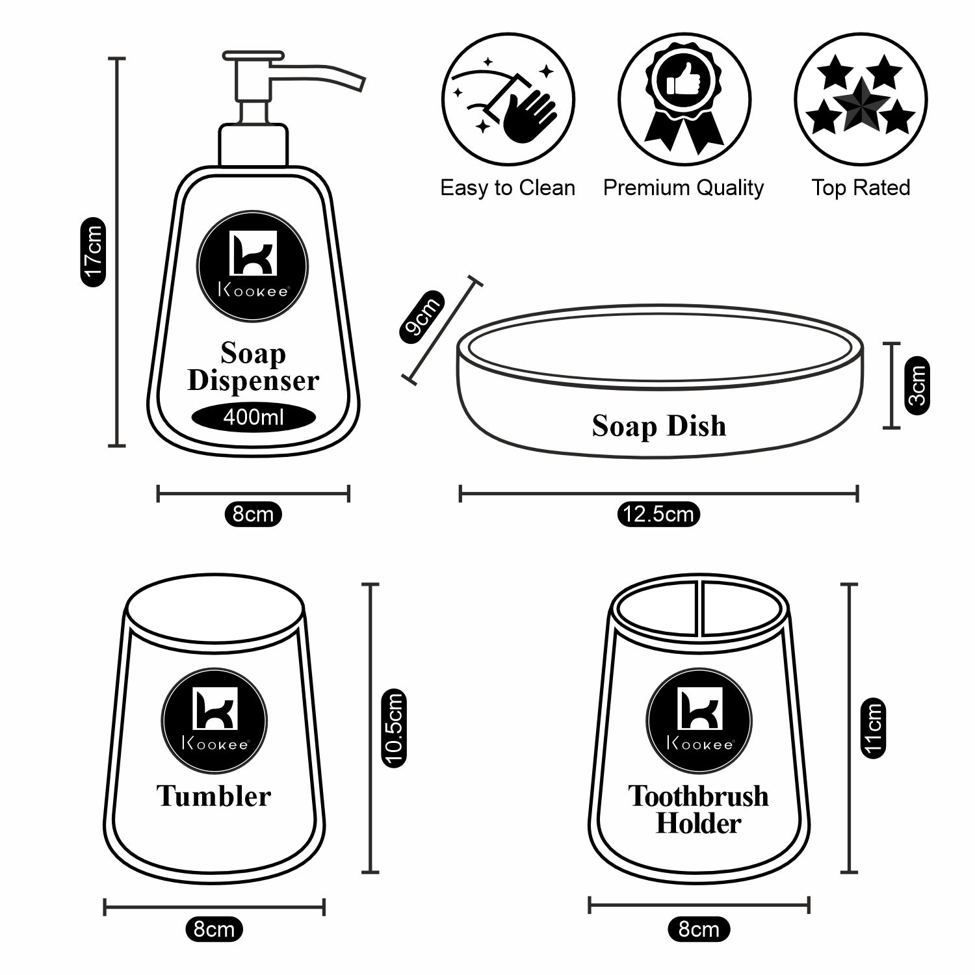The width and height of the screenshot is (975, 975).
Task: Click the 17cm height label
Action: coord(93,252)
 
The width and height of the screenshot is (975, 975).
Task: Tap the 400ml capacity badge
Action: coord(253,417)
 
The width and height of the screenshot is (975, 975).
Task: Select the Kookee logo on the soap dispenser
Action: coord(253,266)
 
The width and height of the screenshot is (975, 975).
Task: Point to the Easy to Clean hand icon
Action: coord(508,99)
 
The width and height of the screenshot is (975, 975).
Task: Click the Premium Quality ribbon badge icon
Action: coord(684,99)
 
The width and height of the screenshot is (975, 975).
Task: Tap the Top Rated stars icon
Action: coord(860,99)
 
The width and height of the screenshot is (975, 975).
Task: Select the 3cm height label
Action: coord(917,385)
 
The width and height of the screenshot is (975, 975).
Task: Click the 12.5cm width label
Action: coord(658,514)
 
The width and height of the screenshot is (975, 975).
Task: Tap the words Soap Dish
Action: coord(658,426)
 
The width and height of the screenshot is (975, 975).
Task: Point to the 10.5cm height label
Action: coord(394,728)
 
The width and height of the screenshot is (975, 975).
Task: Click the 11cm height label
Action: coord(874,727)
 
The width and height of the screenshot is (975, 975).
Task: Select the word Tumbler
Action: coord(214,796)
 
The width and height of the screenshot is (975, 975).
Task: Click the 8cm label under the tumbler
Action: coord(214,929)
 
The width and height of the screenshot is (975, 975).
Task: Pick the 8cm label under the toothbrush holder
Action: coord(699,929)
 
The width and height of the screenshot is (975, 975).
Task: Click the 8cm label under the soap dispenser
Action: coord(253,514)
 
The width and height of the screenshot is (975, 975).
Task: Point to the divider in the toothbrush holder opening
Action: coord(700,608)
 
